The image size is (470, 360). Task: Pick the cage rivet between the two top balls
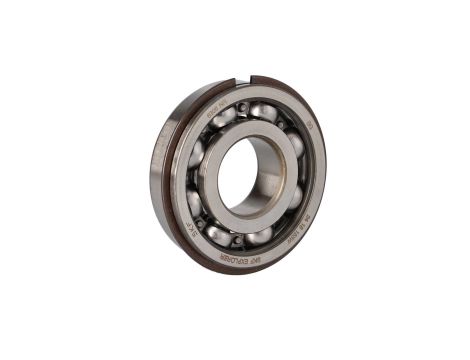tap(241, 106)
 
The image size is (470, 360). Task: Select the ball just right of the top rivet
tap(263, 111)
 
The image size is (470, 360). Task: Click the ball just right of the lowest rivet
tap(259, 236)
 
